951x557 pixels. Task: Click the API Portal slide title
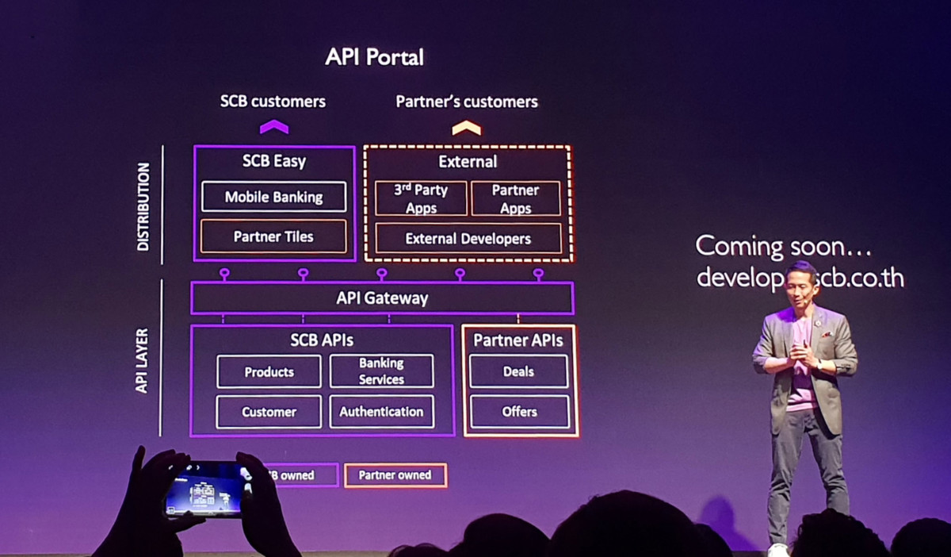[x=374, y=57]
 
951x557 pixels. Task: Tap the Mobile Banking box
[x=273, y=197]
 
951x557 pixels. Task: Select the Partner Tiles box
[x=273, y=236]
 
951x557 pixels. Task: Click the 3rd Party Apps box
[x=421, y=198]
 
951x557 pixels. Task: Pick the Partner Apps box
[x=515, y=198]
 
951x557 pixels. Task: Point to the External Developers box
[x=468, y=238]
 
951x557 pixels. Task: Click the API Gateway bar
[x=382, y=298]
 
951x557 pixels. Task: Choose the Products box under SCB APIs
[x=269, y=371]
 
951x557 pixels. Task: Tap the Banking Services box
[x=381, y=371]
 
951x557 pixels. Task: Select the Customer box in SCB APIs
[x=269, y=412]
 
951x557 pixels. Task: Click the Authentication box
[x=381, y=412]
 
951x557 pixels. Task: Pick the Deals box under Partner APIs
[x=518, y=371]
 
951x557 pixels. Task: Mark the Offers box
[x=519, y=412]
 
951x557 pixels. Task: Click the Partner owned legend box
[x=395, y=475]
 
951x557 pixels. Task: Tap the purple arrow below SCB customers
[x=274, y=127]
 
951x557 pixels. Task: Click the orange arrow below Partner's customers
[x=466, y=128]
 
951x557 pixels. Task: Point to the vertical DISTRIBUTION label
[x=143, y=206]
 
